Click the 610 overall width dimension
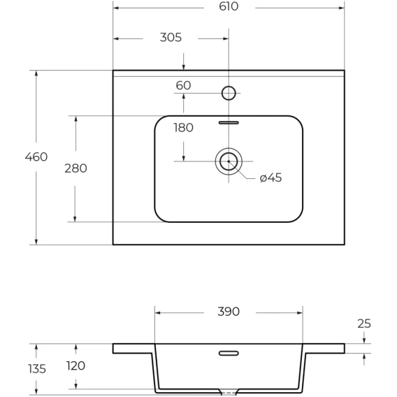(x=229, y=6)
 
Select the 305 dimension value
(x=171, y=38)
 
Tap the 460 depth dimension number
(x=36, y=157)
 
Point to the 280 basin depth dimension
(x=75, y=168)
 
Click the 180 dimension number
(x=183, y=128)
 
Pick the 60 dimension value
(x=183, y=85)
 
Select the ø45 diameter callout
(x=270, y=178)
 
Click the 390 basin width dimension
(x=229, y=312)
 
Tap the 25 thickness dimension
(x=364, y=324)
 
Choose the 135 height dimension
(x=37, y=369)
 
